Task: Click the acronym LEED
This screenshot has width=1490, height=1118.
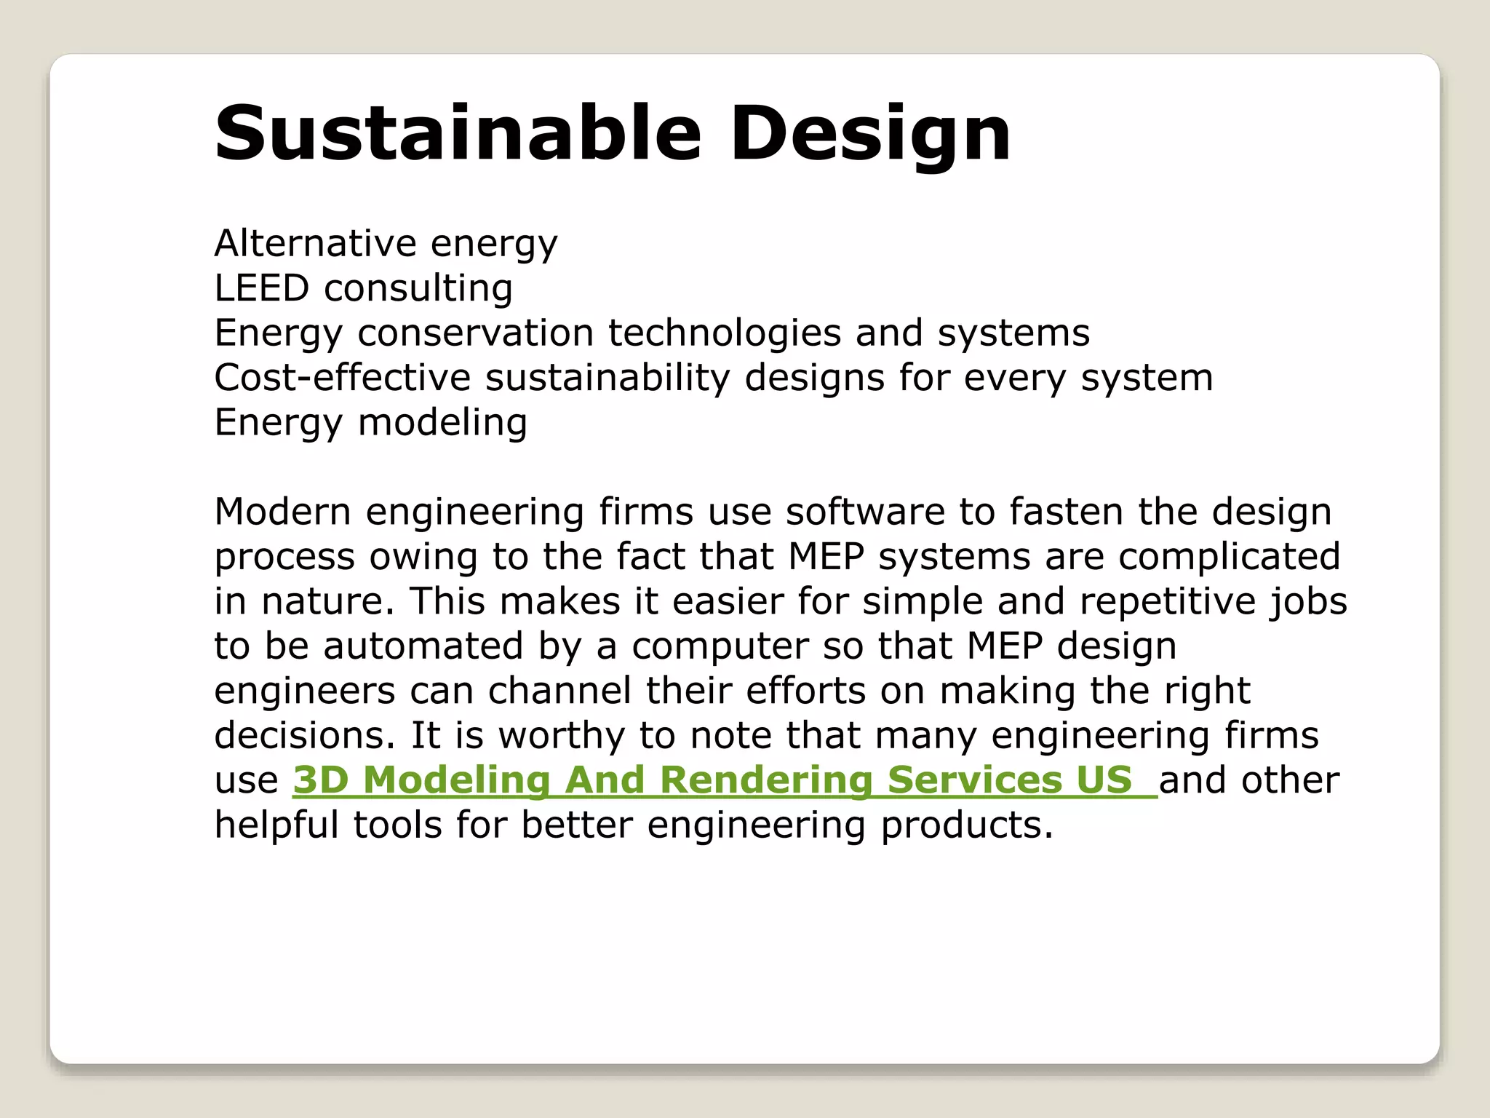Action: point(262,288)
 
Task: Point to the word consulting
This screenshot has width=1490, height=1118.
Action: point(418,288)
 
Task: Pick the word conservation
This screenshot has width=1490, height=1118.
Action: point(476,333)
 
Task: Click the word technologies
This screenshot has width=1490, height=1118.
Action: point(725,333)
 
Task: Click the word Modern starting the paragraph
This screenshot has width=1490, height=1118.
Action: point(283,512)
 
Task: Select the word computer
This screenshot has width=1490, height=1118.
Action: point(720,646)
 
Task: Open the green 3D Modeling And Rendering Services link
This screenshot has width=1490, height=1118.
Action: point(713,780)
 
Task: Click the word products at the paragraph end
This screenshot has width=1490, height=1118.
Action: point(967,825)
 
